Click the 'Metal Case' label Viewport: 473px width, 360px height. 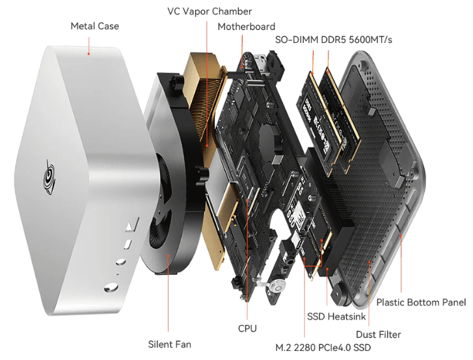point(94,26)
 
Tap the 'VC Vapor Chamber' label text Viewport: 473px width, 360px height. point(209,11)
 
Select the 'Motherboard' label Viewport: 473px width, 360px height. point(246,27)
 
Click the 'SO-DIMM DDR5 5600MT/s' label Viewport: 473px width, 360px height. point(334,40)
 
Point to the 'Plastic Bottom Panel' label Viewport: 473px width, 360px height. point(421,302)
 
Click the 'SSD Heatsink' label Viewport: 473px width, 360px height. point(337,316)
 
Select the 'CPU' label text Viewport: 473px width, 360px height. point(247,329)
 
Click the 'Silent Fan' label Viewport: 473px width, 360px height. point(169,344)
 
